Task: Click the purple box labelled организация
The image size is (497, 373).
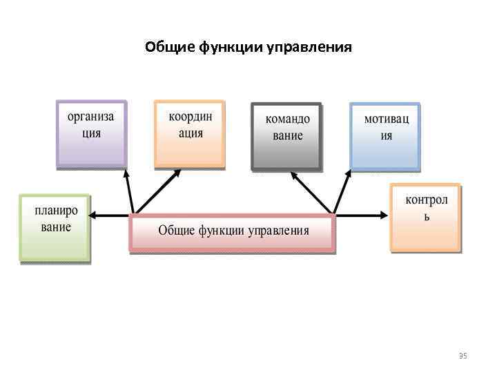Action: (91, 133)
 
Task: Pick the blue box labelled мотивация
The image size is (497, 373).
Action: (385, 135)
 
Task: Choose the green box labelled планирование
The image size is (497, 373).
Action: (55, 227)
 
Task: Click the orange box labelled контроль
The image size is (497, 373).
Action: (426, 216)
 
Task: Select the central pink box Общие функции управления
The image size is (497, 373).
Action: (233, 232)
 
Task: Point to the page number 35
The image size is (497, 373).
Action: (462, 356)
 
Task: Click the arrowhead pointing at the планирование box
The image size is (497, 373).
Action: (95, 216)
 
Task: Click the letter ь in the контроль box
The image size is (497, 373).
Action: (427, 216)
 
